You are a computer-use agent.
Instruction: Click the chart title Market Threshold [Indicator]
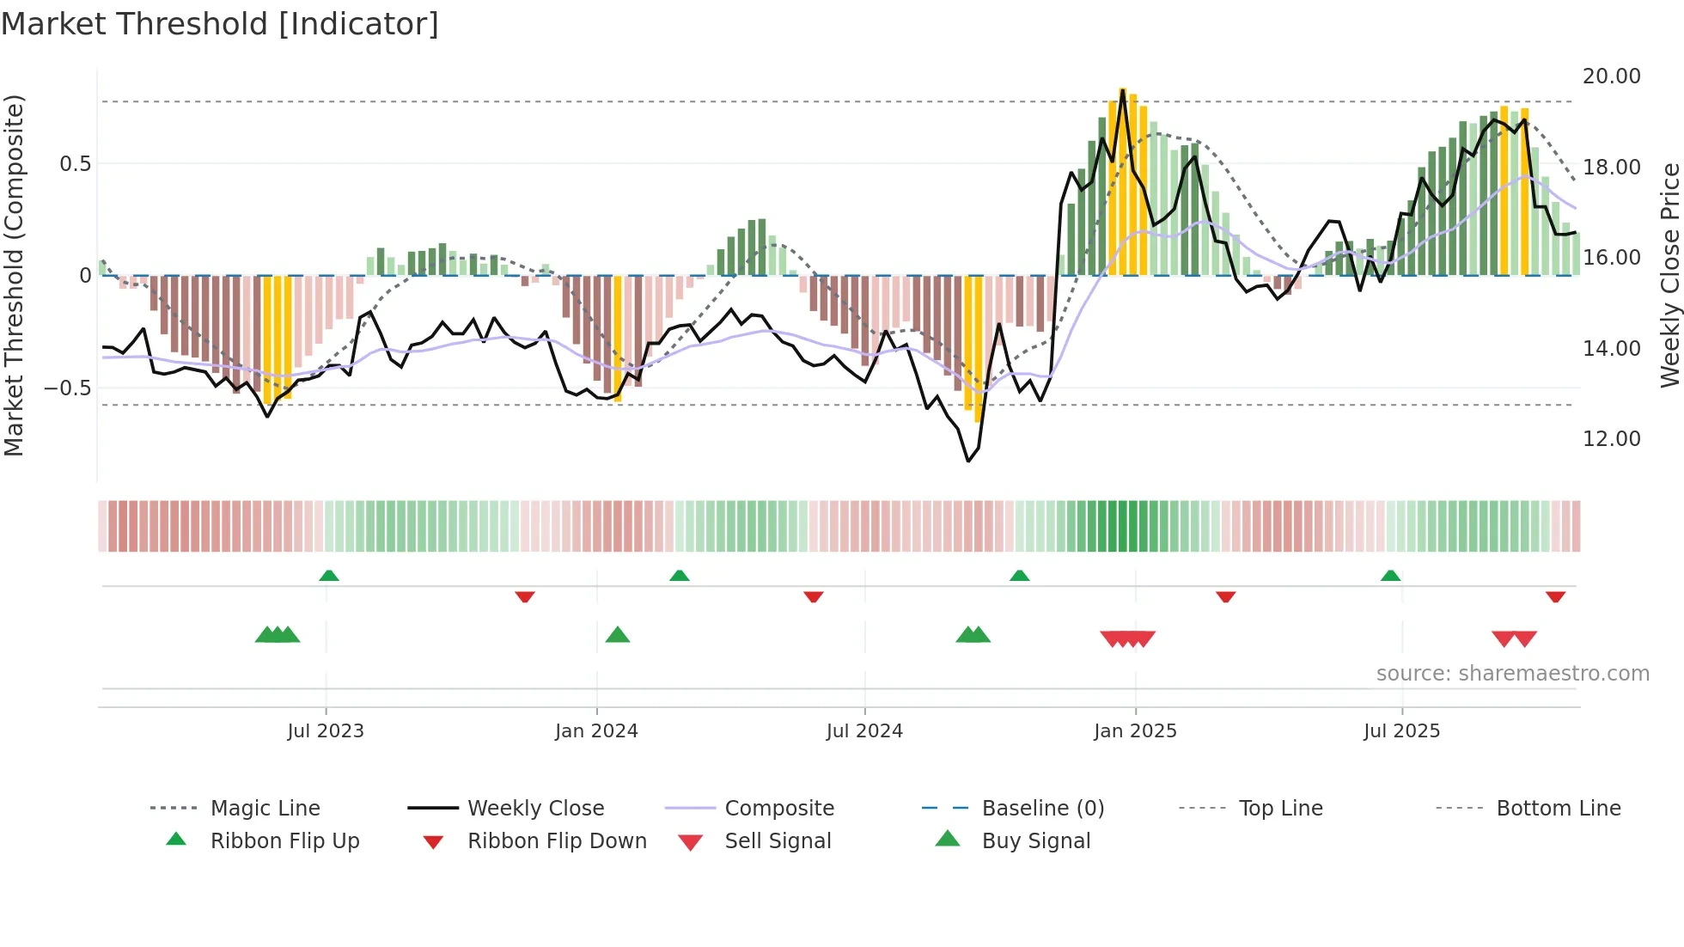click(x=220, y=24)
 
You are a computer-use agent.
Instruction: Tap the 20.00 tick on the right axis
click(x=1611, y=76)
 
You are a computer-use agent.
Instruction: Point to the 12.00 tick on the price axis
click(x=1611, y=439)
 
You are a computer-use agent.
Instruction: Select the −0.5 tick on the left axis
click(x=68, y=388)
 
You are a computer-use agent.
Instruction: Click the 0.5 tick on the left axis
click(x=75, y=164)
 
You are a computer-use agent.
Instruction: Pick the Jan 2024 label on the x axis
click(x=596, y=731)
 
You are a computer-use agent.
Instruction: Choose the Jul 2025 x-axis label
click(x=1401, y=731)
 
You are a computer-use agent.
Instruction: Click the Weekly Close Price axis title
click(x=1669, y=275)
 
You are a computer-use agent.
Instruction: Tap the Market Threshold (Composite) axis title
click(x=14, y=275)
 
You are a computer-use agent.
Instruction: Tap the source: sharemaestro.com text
click(x=1512, y=674)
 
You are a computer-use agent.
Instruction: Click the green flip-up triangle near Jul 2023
click(x=329, y=576)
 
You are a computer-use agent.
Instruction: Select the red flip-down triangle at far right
click(x=1555, y=596)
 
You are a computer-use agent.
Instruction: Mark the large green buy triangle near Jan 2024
click(x=618, y=635)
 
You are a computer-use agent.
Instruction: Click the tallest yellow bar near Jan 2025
click(x=1123, y=180)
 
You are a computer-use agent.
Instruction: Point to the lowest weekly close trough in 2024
click(x=968, y=461)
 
